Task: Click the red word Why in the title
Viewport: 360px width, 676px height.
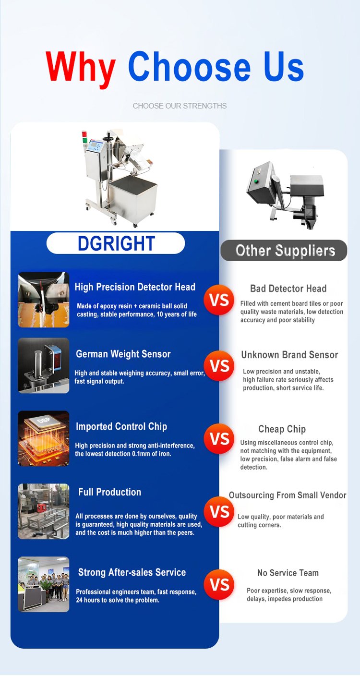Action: pyautogui.click(x=81, y=69)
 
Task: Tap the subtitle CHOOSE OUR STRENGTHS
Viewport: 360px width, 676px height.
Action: pyautogui.click(x=180, y=106)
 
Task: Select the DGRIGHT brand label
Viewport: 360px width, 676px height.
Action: pyautogui.click(x=116, y=243)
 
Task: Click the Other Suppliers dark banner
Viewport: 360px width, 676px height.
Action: pyautogui.click(x=284, y=251)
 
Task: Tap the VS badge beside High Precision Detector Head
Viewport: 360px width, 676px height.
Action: pyautogui.click(x=219, y=300)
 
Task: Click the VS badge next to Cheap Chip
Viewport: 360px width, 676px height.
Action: pyautogui.click(x=219, y=438)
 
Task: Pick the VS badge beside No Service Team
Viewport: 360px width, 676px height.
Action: pyautogui.click(x=219, y=585)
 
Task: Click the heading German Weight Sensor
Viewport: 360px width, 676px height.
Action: pyautogui.click(x=123, y=354)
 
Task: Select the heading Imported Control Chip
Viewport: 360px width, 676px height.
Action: pyautogui.click(x=121, y=426)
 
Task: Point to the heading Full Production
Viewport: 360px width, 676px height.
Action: pyautogui.click(x=109, y=492)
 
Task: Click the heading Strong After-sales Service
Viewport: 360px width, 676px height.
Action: pyautogui.click(x=132, y=572)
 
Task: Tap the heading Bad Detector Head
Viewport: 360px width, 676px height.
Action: pyautogui.click(x=288, y=289)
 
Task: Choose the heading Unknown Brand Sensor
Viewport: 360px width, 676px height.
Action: pyautogui.click(x=289, y=355)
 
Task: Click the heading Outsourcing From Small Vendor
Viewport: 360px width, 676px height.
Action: pyautogui.click(x=287, y=495)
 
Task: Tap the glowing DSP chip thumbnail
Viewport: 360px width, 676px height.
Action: pyautogui.click(x=44, y=438)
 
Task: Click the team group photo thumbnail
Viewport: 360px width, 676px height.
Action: pyautogui.click(x=44, y=584)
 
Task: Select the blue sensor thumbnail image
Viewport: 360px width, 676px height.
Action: pyautogui.click(x=44, y=365)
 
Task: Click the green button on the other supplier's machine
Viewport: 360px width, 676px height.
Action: pyautogui.click(x=257, y=181)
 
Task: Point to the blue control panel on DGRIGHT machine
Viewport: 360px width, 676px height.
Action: pyautogui.click(x=96, y=146)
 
